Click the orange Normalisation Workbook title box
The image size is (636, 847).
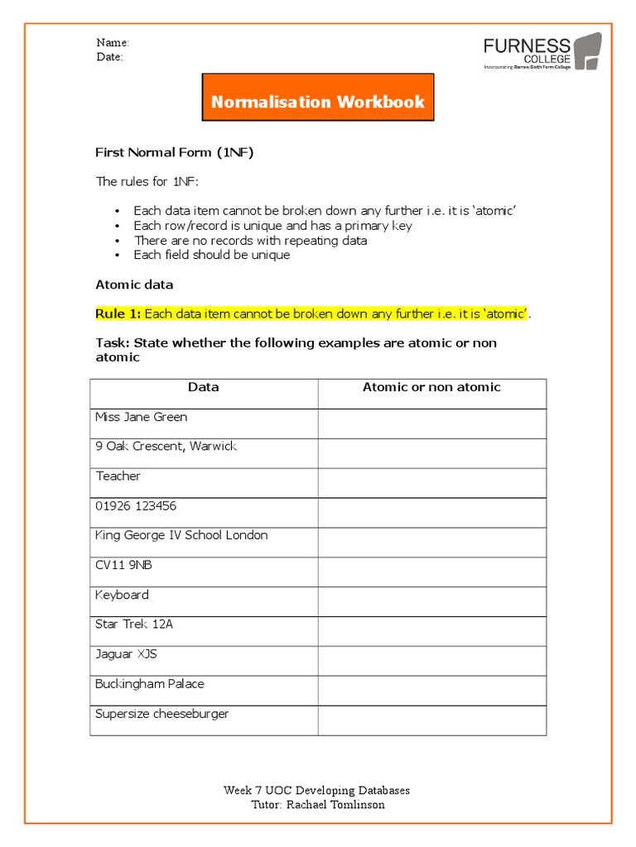[318, 103]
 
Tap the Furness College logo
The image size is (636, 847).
[542, 53]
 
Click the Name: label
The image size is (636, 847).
[112, 42]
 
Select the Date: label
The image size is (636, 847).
[109, 57]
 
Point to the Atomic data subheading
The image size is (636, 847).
[134, 285]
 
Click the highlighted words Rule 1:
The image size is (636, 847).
[118, 313]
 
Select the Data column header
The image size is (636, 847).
[204, 387]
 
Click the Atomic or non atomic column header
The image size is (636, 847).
[431, 387]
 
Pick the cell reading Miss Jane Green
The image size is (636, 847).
[142, 417]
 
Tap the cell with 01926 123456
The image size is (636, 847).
[136, 505]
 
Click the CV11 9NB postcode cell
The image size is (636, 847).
[123, 565]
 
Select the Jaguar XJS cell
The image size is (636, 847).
[126, 654]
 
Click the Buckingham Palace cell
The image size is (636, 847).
[150, 684]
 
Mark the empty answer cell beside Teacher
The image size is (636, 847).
[431, 482]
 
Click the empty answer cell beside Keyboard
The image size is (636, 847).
[431, 601]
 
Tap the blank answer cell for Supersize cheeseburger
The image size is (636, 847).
[431, 720]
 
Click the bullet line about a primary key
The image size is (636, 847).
[273, 226]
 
